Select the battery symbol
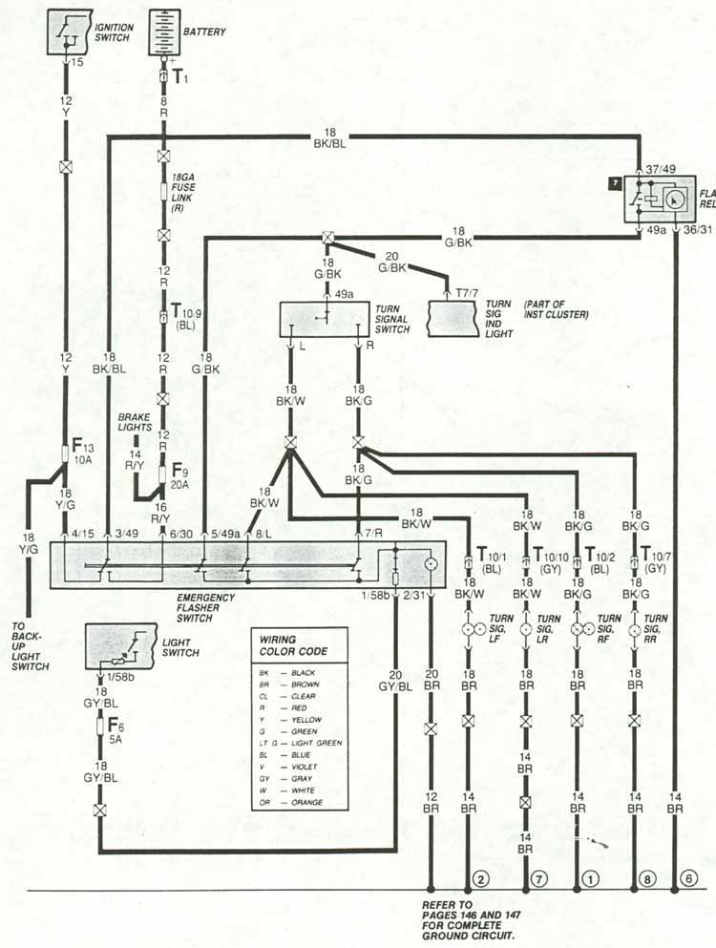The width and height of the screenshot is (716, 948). tap(164, 32)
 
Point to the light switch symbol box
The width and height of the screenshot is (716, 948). tap(121, 645)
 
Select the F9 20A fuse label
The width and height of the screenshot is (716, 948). tap(179, 474)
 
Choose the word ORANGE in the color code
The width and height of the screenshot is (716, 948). tap(309, 803)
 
